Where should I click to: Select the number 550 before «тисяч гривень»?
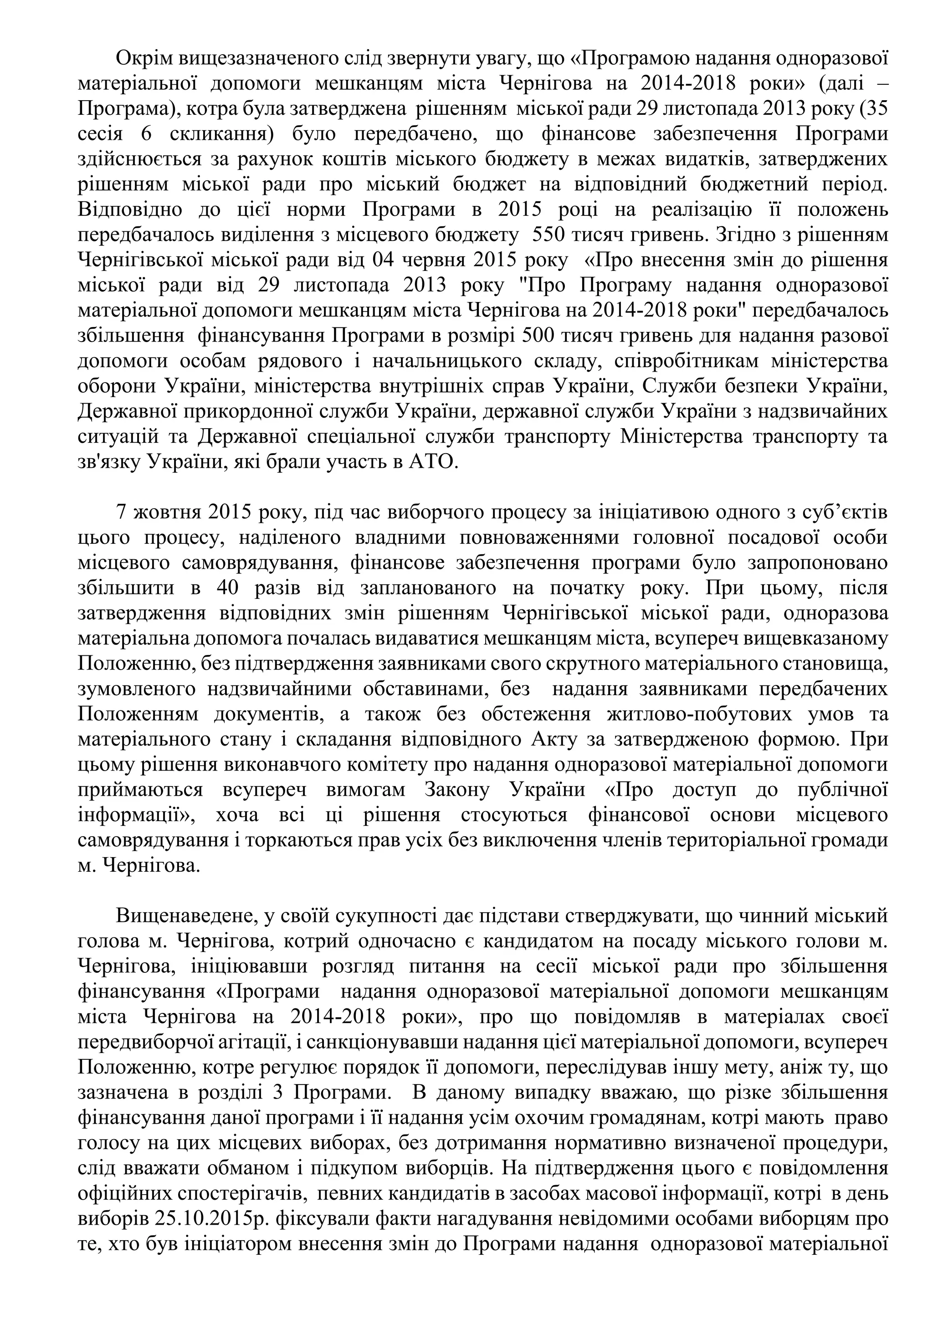tap(549, 235)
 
